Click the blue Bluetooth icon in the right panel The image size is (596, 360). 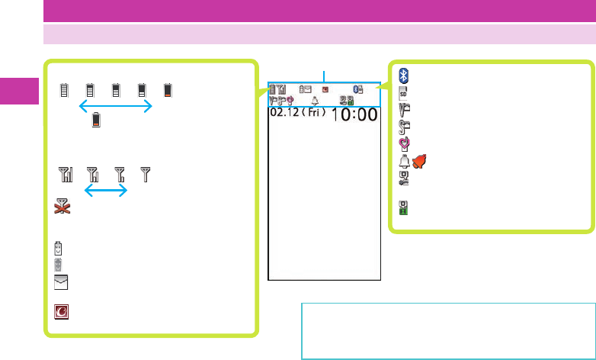coord(405,75)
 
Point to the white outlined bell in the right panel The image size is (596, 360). coord(405,160)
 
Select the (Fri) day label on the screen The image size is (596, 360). coord(314,113)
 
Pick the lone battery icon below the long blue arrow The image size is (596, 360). coord(96,120)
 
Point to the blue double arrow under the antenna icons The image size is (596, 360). coord(105,191)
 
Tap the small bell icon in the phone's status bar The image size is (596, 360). coord(315,100)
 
